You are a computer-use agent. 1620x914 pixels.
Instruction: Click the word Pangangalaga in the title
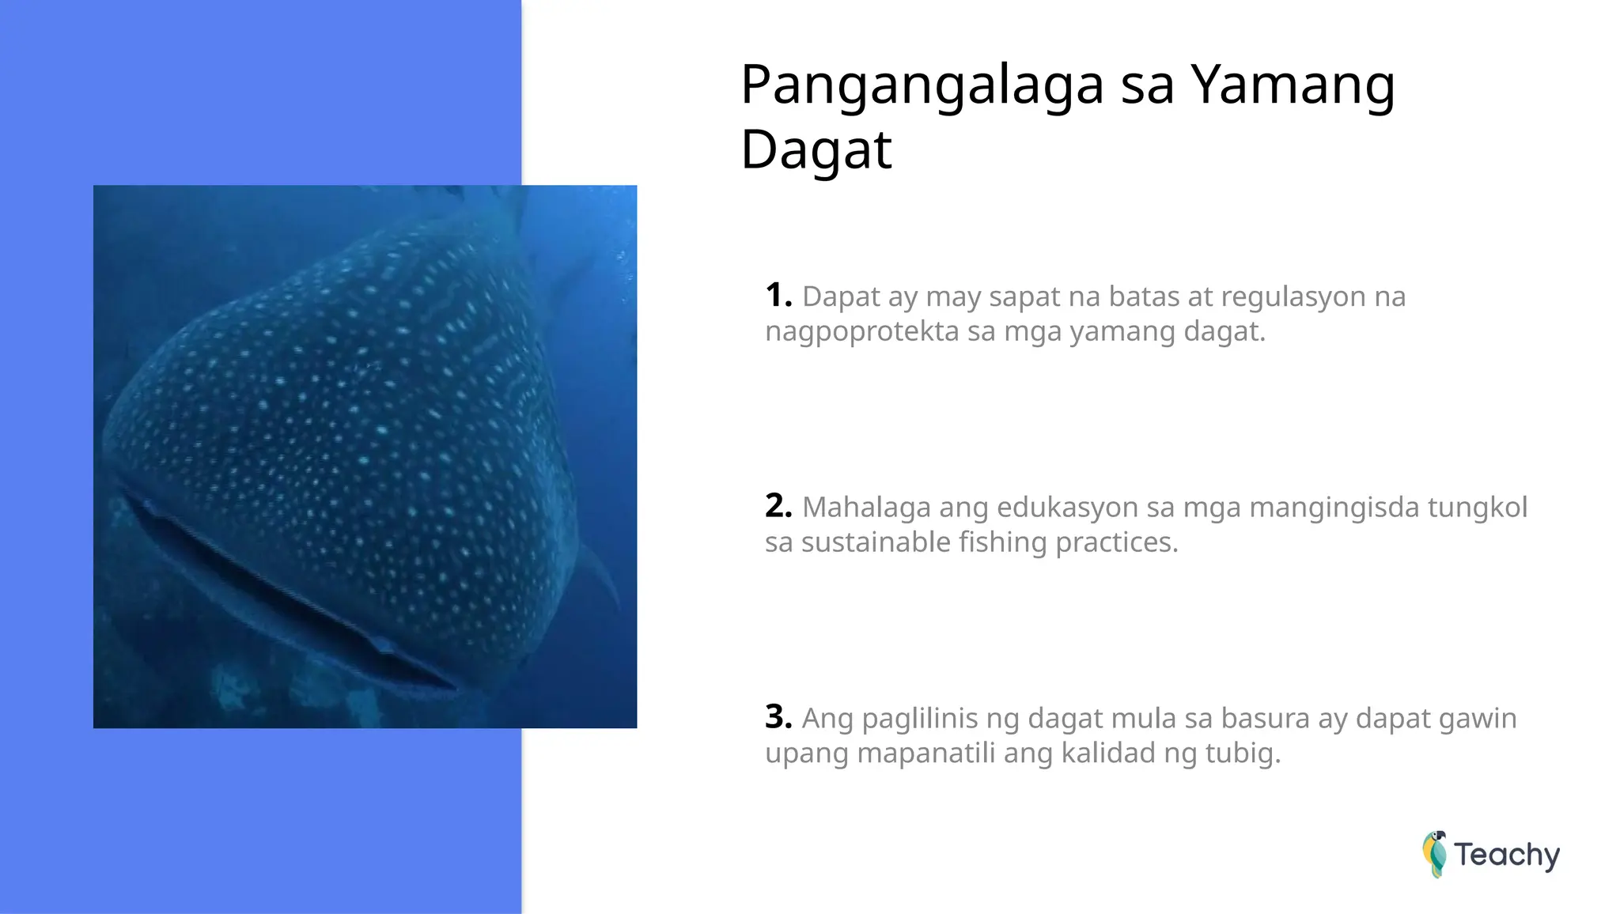(x=922, y=85)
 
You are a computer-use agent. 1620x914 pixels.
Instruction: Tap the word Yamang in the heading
(x=1293, y=85)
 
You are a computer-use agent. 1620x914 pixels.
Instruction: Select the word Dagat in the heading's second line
(x=816, y=150)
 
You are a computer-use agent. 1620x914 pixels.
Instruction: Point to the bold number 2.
(x=778, y=506)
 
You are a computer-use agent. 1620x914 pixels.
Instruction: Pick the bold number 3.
(x=778, y=717)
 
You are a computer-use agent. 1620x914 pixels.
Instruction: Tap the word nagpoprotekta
(x=861, y=331)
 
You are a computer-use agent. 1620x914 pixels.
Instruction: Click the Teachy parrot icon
(x=1434, y=854)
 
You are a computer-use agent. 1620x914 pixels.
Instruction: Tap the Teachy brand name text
(x=1507, y=855)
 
